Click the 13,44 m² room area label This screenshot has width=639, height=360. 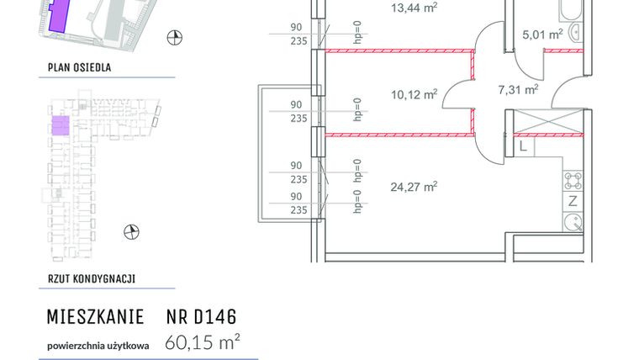415,8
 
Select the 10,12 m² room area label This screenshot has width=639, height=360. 415,95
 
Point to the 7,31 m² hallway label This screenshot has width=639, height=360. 518,87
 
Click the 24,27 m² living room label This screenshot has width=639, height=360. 415,187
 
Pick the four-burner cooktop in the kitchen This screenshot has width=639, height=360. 573,179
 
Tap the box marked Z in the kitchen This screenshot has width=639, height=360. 573,200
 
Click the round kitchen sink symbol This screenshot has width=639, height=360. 573,223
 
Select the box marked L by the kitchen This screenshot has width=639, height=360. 523,147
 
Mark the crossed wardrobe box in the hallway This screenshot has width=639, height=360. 547,122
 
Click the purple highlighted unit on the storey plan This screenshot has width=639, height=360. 61,126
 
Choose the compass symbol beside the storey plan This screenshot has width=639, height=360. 130,230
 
